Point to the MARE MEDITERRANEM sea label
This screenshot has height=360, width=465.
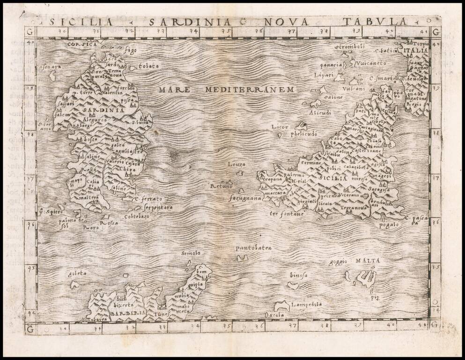225,89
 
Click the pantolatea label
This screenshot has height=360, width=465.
253,247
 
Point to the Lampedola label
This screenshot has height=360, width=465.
306,304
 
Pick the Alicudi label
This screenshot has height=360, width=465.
320,112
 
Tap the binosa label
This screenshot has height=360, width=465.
298,275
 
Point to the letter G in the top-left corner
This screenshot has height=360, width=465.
30,32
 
